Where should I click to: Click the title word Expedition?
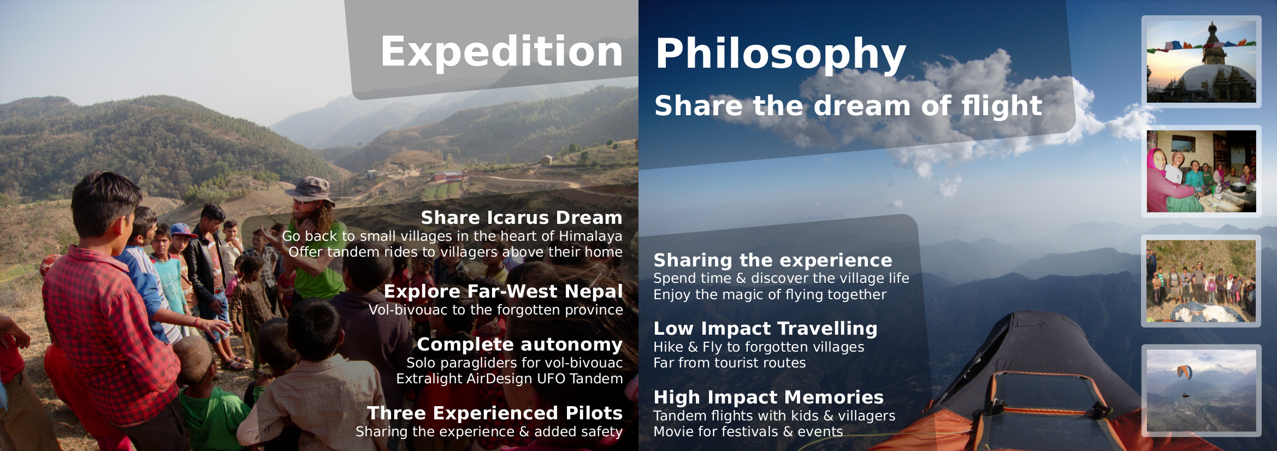(501, 52)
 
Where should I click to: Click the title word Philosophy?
(781, 55)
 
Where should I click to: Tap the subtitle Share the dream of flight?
(848, 105)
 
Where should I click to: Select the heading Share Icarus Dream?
(522, 217)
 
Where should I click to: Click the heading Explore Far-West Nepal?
(503, 291)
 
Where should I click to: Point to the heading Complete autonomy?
(519, 345)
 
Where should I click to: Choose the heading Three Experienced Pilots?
(495, 413)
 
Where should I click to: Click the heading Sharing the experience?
(773, 260)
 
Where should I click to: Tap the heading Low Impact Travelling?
(766, 328)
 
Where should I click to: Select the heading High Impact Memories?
(768, 397)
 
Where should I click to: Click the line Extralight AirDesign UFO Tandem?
(510, 378)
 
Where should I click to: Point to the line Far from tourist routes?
(730, 363)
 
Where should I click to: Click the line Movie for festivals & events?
(748, 431)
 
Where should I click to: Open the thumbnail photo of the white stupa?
(1201, 62)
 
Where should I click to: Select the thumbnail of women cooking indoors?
(1201, 171)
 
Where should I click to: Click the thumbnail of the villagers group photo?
(1201, 281)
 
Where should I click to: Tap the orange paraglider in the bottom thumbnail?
(1185, 372)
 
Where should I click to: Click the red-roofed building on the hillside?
(448, 177)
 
